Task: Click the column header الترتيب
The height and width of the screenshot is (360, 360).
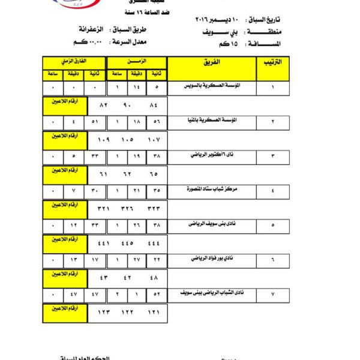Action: (x=274, y=62)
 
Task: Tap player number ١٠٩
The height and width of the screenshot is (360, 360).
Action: (x=104, y=139)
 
